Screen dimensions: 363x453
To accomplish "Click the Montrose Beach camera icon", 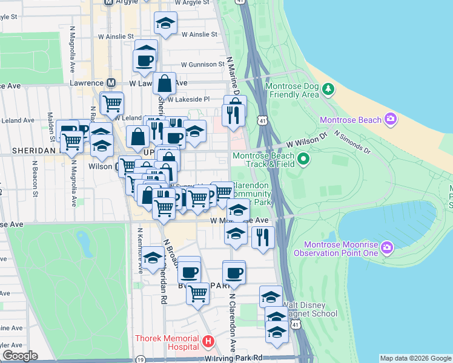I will (390, 119).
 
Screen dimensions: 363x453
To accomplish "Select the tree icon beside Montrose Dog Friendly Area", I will (328, 90).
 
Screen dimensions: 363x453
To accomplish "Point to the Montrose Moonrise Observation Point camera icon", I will (388, 248).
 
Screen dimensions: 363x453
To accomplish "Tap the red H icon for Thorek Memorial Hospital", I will (208, 342).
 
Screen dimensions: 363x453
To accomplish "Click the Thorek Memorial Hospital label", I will (167, 342).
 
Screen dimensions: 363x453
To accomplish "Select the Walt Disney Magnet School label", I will (309, 309).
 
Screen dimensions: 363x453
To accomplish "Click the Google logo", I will (20, 355).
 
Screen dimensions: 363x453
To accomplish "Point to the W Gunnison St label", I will (202, 65).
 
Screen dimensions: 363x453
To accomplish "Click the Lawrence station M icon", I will (111, 82).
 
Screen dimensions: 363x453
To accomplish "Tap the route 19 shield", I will (141, 359).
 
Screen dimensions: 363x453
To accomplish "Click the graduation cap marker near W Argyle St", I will (166, 23).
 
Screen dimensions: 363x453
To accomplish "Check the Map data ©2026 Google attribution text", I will (415, 358).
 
